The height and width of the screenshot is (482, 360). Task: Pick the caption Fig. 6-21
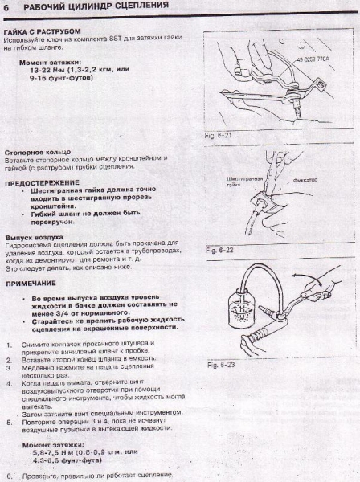[218, 135]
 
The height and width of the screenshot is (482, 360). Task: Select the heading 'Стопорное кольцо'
[38, 150]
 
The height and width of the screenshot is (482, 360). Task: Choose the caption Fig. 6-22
[218, 251]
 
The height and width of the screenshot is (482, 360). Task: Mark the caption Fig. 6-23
[219, 365]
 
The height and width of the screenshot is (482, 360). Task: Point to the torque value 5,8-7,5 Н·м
[47, 452]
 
